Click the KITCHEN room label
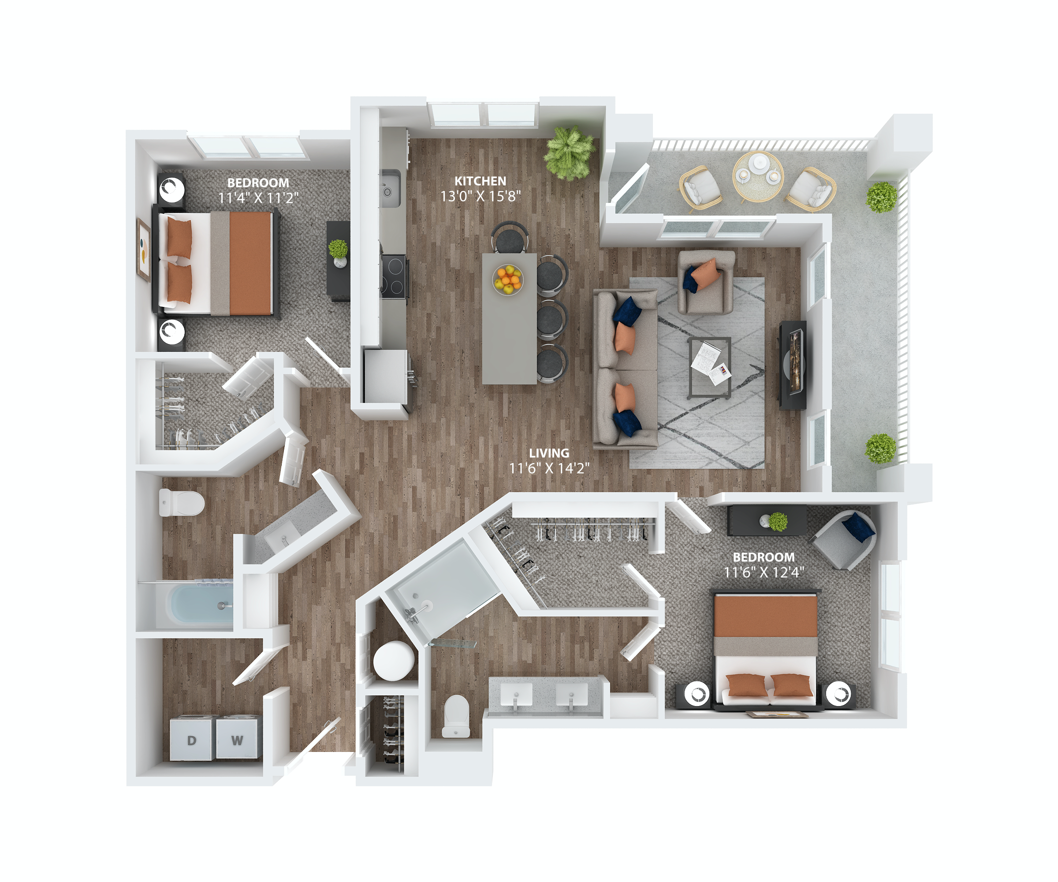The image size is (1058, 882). pos(480,181)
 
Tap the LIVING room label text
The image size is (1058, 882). pos(549,453)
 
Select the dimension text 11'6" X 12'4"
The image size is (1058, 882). pos(763,572)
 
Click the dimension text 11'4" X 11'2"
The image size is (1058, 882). pos(258,198)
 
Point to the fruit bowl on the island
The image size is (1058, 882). pos(508,279)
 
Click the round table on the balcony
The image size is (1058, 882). pos(758,176)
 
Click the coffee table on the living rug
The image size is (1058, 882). pos(709,367)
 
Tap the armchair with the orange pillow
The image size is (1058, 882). pos(705,282)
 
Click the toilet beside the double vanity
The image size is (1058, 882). pos(456,716)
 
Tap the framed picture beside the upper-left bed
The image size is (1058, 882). pos(144,250)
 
